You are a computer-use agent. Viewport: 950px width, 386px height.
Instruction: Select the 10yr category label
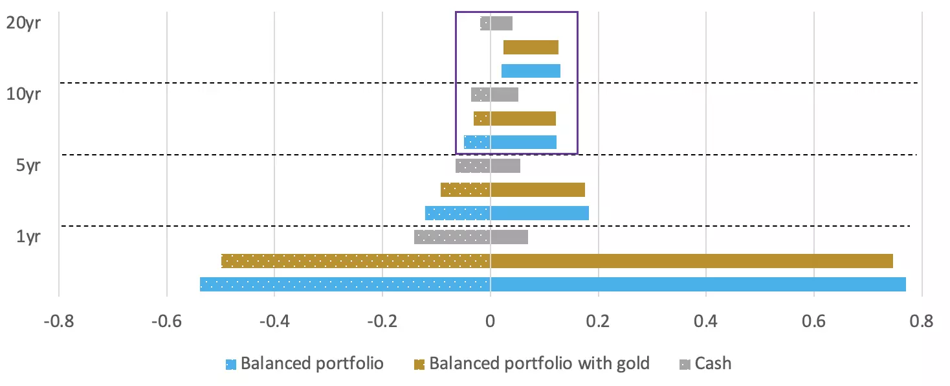tap(24, 94)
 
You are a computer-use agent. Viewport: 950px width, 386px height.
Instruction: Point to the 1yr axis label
tap(28, 237)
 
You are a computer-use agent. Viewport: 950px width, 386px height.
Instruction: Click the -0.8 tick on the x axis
tap(58, 321)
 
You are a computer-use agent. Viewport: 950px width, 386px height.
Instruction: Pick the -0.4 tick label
tap(274, 321)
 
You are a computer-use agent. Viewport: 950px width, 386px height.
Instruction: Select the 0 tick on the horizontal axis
tap(490, 321)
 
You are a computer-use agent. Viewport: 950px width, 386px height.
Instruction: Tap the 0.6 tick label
tap(813, 321)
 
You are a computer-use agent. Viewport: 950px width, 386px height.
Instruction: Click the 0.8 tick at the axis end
tap(922, 321)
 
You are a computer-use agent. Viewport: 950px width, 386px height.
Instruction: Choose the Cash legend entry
tap(712, 363)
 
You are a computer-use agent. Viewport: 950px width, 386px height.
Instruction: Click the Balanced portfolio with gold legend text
tap(539, 363)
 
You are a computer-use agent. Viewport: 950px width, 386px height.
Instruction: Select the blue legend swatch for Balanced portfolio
tap(230, 365)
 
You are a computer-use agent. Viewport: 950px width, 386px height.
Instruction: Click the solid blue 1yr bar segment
tap(698, 284)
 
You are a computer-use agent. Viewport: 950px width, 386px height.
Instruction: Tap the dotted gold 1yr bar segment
tap(355, 261)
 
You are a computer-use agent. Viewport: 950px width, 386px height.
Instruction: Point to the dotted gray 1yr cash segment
tap(452, 237)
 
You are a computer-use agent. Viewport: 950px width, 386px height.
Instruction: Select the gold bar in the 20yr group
tap(531, 47)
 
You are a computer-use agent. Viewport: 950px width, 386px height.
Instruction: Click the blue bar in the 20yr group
tap(531, 71)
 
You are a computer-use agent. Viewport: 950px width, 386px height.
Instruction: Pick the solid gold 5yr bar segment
tap(537, 190)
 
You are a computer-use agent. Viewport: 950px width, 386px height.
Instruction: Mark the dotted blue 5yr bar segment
tap(457, 213)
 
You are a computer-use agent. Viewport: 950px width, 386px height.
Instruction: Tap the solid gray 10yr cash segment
tap(504, 95)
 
